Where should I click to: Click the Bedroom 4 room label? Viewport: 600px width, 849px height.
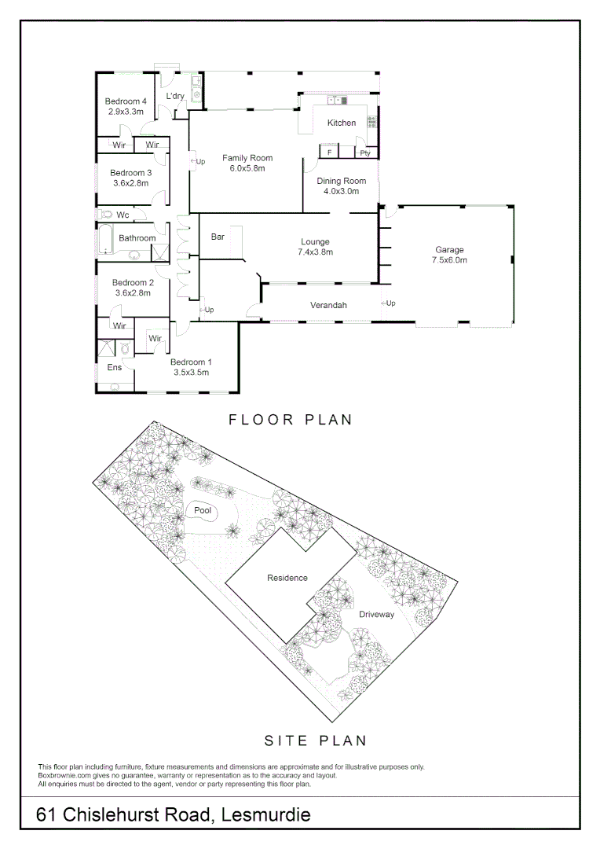(126, 101)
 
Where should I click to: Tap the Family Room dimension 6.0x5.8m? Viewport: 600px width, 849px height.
(247, 168)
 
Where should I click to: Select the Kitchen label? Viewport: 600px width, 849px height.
(342, 123)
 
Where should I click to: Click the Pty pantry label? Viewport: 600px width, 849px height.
(365, 153)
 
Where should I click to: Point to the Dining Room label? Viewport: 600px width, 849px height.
(341, 181)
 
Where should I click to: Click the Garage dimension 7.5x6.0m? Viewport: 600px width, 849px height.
(451, 260)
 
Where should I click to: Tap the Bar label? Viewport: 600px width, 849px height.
(218, 237)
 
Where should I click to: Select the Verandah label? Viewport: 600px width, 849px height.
(328, 305)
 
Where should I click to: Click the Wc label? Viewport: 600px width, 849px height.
(123, 215)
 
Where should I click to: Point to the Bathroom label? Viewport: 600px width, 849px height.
(137, 238)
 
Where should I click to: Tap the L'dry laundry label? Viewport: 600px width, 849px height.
(174, 96)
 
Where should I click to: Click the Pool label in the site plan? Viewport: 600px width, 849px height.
(203, 511)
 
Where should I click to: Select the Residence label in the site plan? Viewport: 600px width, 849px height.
(287, 578)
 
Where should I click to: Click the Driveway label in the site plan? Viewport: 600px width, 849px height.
(376, 615)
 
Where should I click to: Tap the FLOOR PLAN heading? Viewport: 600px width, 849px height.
(291, 420)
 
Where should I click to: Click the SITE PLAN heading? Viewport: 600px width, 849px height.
(315, 741)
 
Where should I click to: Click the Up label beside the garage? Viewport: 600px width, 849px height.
(390, 303)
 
